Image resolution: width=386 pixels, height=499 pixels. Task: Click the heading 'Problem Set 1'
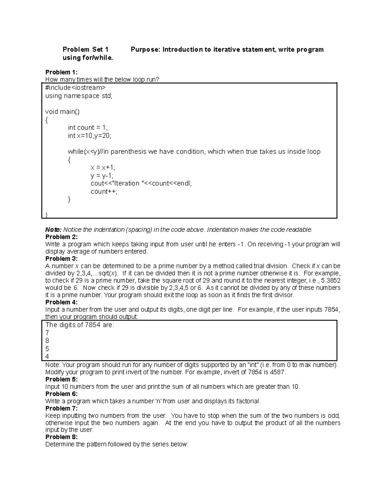click(85, 49)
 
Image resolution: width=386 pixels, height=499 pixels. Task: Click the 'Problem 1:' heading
click(61, 72)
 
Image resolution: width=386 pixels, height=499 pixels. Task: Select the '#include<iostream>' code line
click(75, 88)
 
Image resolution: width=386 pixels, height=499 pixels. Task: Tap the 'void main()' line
click(62, 111)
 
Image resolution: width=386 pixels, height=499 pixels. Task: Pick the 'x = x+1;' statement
click(103, 167)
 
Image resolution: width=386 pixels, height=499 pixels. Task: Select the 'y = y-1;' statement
click(102, 175)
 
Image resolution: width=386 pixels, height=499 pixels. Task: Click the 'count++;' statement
click(104, 192)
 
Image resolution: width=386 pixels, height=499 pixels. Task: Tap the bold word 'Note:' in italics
click(53, 230)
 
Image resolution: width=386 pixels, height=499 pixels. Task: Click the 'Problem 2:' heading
click(61, 237)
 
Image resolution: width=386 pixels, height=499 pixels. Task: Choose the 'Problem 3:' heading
click(61, 259)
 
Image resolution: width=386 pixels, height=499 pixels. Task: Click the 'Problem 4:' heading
click(61, 302)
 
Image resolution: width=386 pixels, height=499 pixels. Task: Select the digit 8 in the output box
click(47, 341)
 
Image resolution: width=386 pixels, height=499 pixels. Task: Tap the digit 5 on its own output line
click(47, 349)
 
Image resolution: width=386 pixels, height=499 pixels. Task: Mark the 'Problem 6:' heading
click(61, 394)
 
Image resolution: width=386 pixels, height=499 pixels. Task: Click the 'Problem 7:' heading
click(61, 408)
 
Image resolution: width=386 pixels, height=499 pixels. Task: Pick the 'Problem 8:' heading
click(61, 437)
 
